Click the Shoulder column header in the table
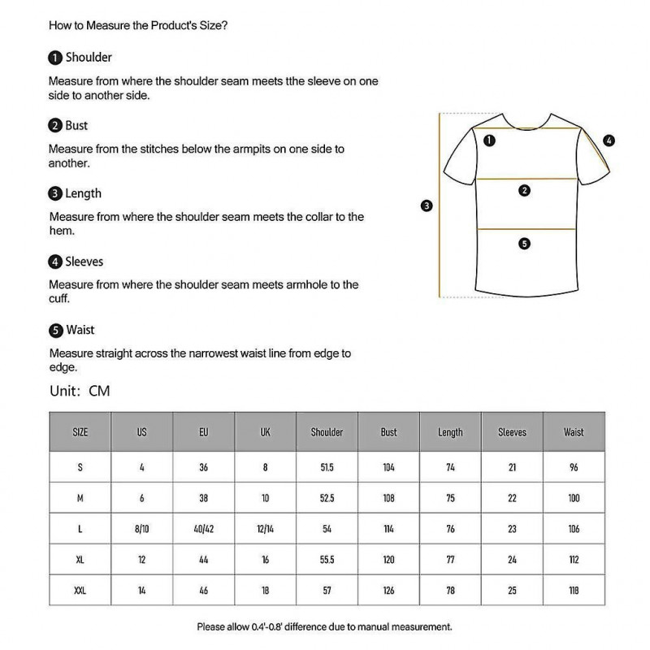tap(327, 432)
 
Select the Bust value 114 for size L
tap(388, 529)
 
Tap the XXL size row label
tap(80, 591)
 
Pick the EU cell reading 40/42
tap(203, 529)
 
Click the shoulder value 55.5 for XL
tap(327, 560)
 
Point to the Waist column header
tap(574, 432)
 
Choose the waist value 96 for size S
tap(574, 467)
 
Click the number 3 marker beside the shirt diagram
tap(427, 206)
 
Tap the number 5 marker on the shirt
tap(524, 243)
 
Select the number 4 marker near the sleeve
tap(609, 141)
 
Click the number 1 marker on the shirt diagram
tap(489, 141)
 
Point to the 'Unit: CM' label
tap(80, 391)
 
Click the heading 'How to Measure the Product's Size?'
tap(138, 25)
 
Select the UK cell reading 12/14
tap(265, 529)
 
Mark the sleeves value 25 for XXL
tap(512, 591)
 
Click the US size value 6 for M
tap(141, 498)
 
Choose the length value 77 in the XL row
tap(450, 560)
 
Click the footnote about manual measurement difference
tap(324, 626)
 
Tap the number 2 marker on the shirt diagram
tap(524, 191)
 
